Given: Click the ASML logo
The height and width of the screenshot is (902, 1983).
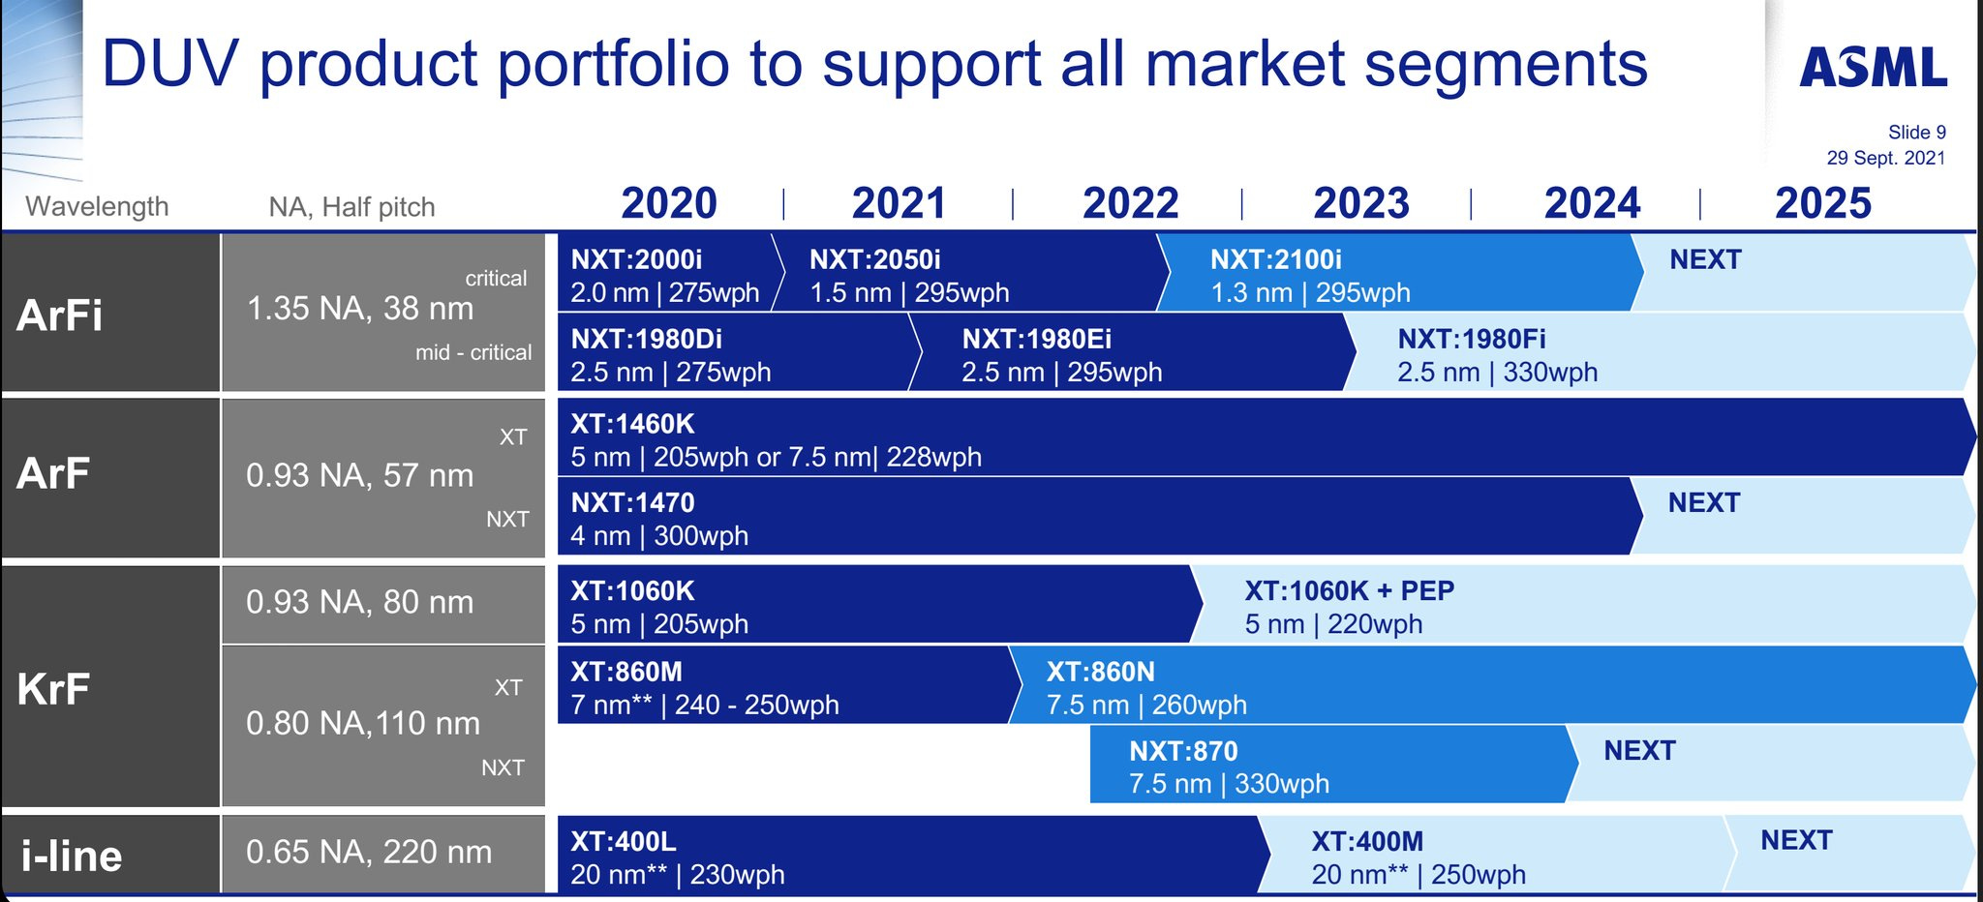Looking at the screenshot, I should click(x=1873, y=68).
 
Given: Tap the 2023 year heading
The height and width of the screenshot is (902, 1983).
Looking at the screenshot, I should click(x=1360, y=203).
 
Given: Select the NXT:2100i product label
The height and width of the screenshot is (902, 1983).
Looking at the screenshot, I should click(x=1275, y=259).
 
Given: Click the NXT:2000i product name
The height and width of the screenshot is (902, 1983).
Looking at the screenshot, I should click(x=636, y=259).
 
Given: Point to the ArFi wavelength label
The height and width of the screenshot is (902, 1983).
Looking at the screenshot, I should click(x=59, y=316).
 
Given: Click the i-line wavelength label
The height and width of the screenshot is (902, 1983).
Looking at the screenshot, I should click(x=72, y=857).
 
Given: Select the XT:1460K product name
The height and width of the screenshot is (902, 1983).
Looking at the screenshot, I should click(x=632, y=424).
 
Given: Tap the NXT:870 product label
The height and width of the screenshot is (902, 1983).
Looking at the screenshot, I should click(x=1182, y=751).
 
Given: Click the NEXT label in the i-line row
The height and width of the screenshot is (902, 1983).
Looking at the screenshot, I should click(x=1796, y=840).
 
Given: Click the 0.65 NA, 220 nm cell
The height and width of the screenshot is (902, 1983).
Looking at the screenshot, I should click(x=369, y=853).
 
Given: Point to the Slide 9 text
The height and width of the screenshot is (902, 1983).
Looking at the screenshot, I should click(x=1916, y=133).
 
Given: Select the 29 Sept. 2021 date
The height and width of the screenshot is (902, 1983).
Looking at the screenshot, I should click(x=1885, y=158).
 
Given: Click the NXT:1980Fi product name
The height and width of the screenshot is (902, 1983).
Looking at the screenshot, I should click(x=1471, y=339).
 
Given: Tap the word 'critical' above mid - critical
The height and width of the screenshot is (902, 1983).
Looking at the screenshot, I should click(x=496, y=279).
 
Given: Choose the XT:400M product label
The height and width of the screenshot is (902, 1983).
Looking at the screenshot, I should click(x=1366, y=842).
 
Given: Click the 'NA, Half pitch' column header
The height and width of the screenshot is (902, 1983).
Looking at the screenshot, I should click(x=351, y=207).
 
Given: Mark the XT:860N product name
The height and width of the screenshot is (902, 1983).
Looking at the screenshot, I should click(x=1100, y=672).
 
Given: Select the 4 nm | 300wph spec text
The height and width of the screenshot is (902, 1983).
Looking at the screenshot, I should click(x=658, y=536).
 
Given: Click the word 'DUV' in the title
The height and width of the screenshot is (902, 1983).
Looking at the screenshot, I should click(x=169, y=64).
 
